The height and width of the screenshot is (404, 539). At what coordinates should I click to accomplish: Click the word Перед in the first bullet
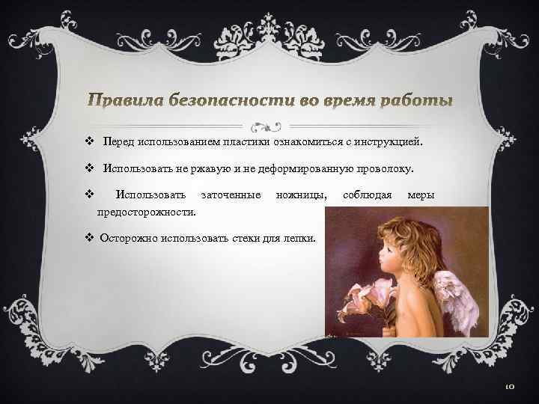coord(118,141)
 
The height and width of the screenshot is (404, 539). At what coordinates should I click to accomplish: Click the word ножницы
coord(301,195)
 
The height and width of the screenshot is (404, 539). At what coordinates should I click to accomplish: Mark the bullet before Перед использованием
coord(89,141)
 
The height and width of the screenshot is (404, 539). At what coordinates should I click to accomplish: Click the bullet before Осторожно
coord(89,240)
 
